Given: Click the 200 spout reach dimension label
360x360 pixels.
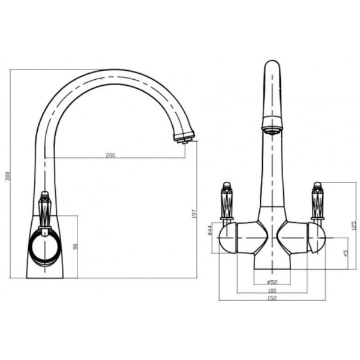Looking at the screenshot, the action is (x=110, y=155).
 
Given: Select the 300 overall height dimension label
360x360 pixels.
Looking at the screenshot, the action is (x=8, y=176).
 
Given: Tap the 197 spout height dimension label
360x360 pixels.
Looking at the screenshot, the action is (x=194, y=214).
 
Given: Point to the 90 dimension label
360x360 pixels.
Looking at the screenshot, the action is (x=76, y=247).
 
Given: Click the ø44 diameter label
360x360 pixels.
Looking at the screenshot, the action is (x=209, y=230).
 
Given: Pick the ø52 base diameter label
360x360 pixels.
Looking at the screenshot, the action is (x=272, y=282).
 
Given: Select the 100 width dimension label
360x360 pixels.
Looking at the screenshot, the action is (x=272, y=290).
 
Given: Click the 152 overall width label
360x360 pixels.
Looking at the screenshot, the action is (x=272, y=298).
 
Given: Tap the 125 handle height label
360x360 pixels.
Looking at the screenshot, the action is (x=354, y=226).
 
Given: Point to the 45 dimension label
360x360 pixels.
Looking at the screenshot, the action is (x=346, y=253).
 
